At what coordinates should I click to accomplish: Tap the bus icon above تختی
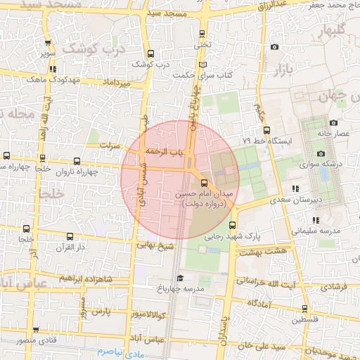[203, 33]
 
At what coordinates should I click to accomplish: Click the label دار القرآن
[70, 247]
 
